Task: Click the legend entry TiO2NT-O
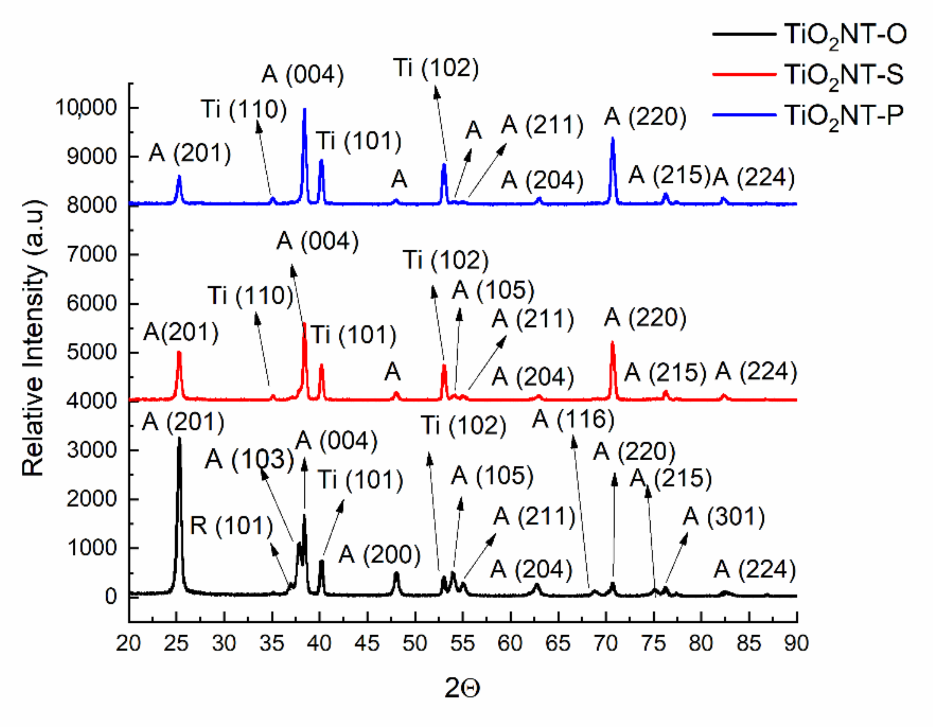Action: coord(845,35)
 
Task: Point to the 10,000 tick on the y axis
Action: coord(86,107)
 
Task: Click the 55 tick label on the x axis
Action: coord(462,643)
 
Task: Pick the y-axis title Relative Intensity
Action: coord(33,338)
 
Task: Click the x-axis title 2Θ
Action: coord(462,688)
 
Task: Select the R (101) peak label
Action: coord(232,526)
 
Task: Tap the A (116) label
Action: coord(573,419)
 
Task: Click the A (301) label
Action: coord(724,516)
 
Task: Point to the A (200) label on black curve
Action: coord(379,554)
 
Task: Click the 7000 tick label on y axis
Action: coord(92,255)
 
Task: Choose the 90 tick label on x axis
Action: coord(796,643)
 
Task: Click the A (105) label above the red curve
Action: coord(493,290)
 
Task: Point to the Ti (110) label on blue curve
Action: coord(244,109)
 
